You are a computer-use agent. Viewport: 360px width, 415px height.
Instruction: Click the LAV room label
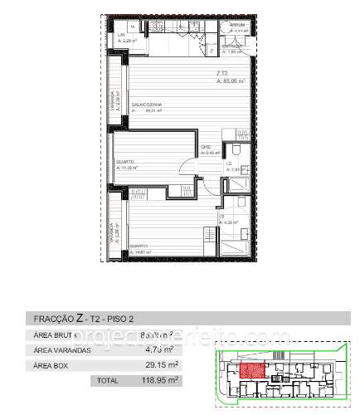tap(121, 34)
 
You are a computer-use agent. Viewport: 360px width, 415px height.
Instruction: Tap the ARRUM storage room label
tap(236, 27)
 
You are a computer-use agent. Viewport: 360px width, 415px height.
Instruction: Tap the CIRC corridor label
tap(207, 149)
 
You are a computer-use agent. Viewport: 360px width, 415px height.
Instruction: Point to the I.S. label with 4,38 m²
tap(224, 218)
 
